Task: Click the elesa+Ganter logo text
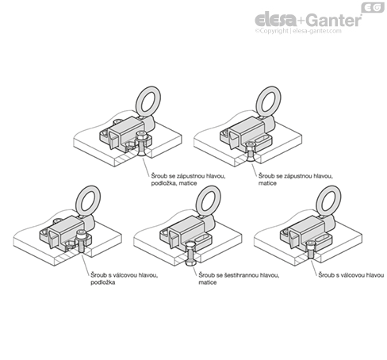pyautogui.click(x=308, y=20)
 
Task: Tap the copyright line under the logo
pyautogui.click(x=298, y=31)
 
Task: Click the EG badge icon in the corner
pyautogui.click(x=373, y=7)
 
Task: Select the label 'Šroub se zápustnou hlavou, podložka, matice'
pyautogui.click(x=188, y=179)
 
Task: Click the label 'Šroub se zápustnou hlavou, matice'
pyautogui.click(x=295, y=179)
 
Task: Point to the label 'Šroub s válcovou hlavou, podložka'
pyautogui.click(x=125, y=278)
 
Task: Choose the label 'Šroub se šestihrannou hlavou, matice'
pyautogui.click(x=239, y=278)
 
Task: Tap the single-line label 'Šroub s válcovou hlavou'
pyautogui.click(x=351, y=275)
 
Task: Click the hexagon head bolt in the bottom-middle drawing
pyautogui.click(x=190, y=254)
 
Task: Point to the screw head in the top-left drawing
pyautogui.click(x=142, y=136)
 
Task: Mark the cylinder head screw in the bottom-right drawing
pyautogui.click(x=310, y=249)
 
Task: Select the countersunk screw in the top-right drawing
pyautogui.click(x=250, y=151)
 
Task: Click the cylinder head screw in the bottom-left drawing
pyautogui.click(x=82, y=241)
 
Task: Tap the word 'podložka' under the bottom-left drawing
pyautogui.click(x=103, y=282)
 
